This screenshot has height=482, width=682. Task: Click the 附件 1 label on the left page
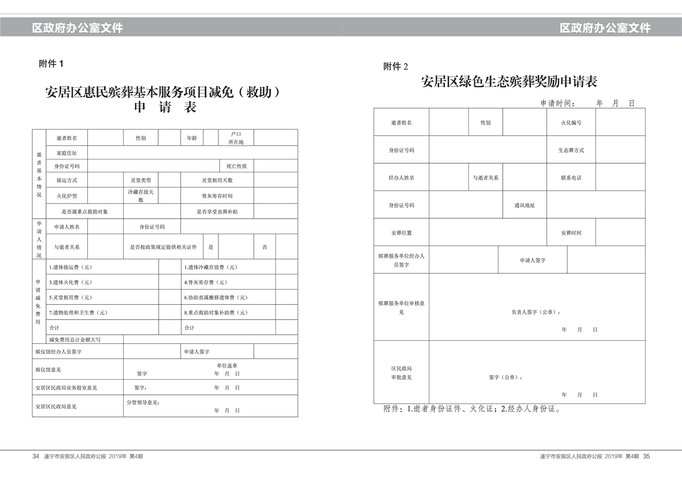click(x=51, y=64)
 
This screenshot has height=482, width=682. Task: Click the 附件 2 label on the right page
click(x=395, y=66)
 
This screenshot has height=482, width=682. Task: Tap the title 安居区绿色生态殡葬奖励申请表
click(x=509, y=82)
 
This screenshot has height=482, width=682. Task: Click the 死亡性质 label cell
click(x=236, y=166)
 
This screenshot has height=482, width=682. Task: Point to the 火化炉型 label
click(x=67, y=196)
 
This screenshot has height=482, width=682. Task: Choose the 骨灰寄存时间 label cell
click(x=217, y=196)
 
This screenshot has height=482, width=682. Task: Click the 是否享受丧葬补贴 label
click(x=217, y=212)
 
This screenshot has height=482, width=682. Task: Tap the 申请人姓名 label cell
click(x=67, y=227)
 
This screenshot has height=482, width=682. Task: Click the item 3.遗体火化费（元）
click(x=70, y=282)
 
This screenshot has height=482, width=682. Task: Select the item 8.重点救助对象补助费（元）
click(x=216, y=313)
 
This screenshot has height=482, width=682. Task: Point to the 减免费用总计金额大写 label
click(x=75, y=339)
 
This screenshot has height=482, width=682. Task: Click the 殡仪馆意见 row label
click(x=48, y=369)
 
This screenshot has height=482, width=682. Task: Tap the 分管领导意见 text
click(x=143, y=403)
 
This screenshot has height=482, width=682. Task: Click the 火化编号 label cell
click(x=571, y=122)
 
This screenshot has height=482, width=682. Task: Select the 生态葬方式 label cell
click(x=571, y=150)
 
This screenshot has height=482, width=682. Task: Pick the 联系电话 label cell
click(x=571, y=178)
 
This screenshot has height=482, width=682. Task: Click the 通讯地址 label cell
click(x=524, y=205)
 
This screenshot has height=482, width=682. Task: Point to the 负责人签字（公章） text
click(x=535, y=312)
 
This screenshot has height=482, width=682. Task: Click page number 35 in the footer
click(x=646, y=456)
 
